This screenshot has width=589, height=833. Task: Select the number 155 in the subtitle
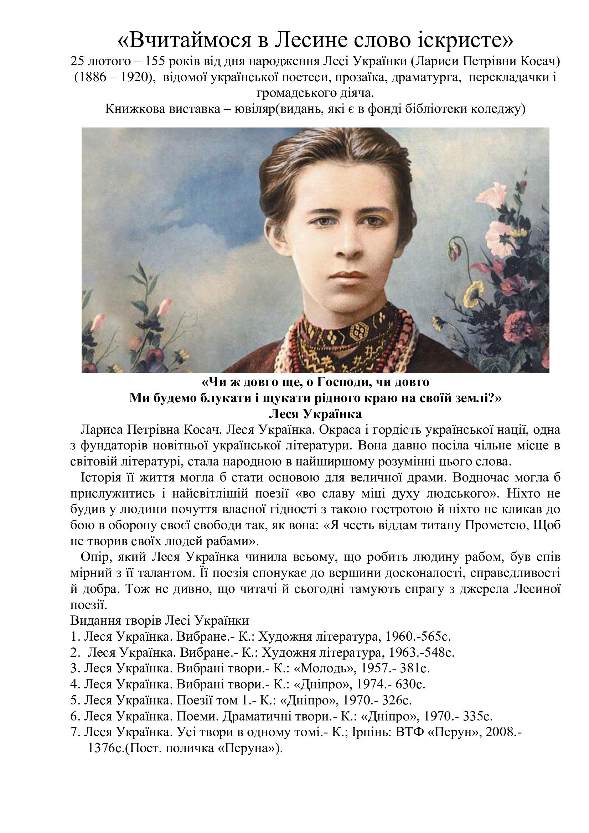click(x=157, y=61)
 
